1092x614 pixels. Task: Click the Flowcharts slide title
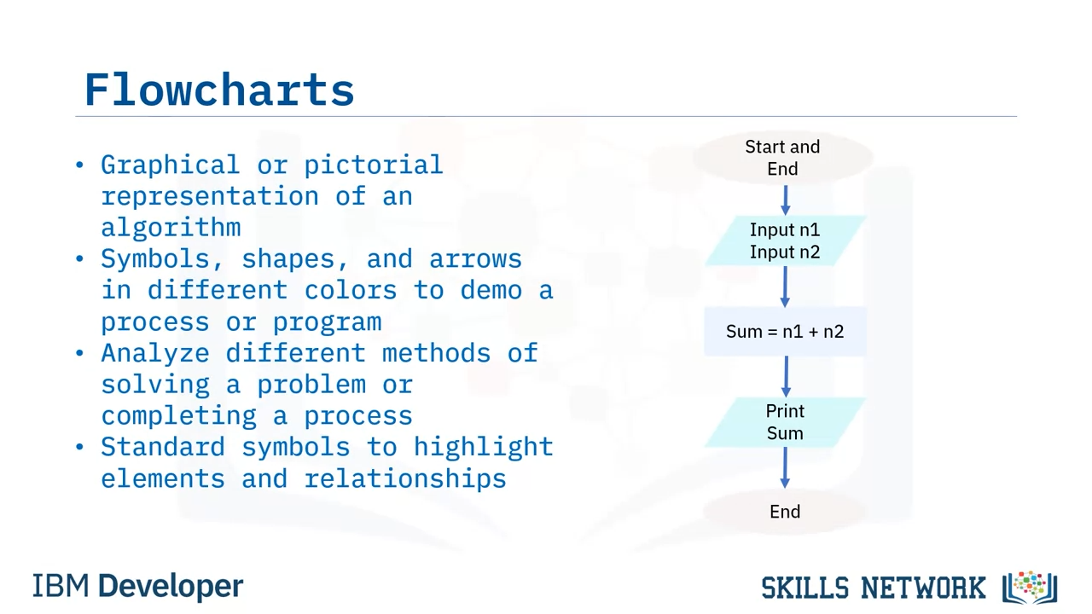tap(219, 90)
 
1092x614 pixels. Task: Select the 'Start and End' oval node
tap(783, 158)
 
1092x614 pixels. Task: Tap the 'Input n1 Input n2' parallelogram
tap(785, 240)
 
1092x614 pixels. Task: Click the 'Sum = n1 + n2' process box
tap(785, 332)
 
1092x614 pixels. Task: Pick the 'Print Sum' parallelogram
tap(785, 422)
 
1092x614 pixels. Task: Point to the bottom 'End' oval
tap(785, 512)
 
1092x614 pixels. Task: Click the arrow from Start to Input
tap(785, 200)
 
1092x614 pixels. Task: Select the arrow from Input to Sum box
tap(785, 287)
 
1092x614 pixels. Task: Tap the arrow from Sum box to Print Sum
tap(786, 377)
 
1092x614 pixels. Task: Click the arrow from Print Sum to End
tap(785, 468)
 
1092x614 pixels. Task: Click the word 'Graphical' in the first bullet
tap(170, 165)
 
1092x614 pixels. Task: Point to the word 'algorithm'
tap(171, 227)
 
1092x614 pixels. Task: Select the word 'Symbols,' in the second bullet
tap(162, 258)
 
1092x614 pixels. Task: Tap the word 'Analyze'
tap(155, 353)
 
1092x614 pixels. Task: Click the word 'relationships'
tap(405, 478)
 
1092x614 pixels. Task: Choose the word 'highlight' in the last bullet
tap(484, 446)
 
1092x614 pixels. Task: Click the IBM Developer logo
tap(138, 586)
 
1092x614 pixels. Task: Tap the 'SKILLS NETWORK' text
tap(873, 588)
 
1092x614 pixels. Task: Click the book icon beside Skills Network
tap(1030, 588)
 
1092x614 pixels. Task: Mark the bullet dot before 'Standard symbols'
tap(80, 447)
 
